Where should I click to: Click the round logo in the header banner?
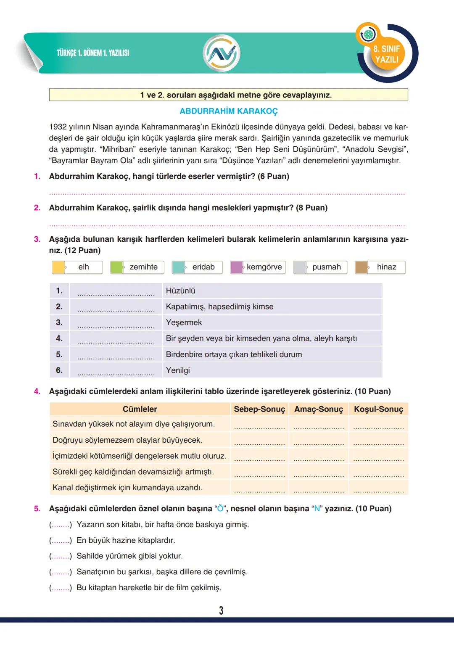pyautogui.click(x=221, y=53)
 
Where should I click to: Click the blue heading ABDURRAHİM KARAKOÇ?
pyautogui.click(x=229, y=111)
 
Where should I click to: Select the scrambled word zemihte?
pyautogui.click(x=143, y=267)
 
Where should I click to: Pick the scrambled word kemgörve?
pyautogui.click(x=264, y=267)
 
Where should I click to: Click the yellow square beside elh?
pyautogui.click(x=58, y=267)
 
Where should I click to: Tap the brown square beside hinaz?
pyautogui.click(x=362, y=267)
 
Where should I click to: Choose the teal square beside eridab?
pyautogui.click(x=179, y=267)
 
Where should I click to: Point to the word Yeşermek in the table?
pyautogui.click(x=184, y=322)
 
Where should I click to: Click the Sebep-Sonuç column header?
pyautogui.click(x=259, y=409)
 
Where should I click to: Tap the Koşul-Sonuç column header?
pyautogui.click(x=378, y=409)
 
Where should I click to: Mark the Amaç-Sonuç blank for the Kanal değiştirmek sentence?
pyautogui.click(x=319, y=489)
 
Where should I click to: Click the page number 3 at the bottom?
pyautogui.click(x=221, y=610)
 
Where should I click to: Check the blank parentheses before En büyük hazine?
pyautogui.click(x=61, y=541)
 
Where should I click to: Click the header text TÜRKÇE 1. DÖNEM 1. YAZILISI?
pyautogui.click(x=93, y=53)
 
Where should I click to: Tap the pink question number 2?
pyautogui.click(x=37, y=208)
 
